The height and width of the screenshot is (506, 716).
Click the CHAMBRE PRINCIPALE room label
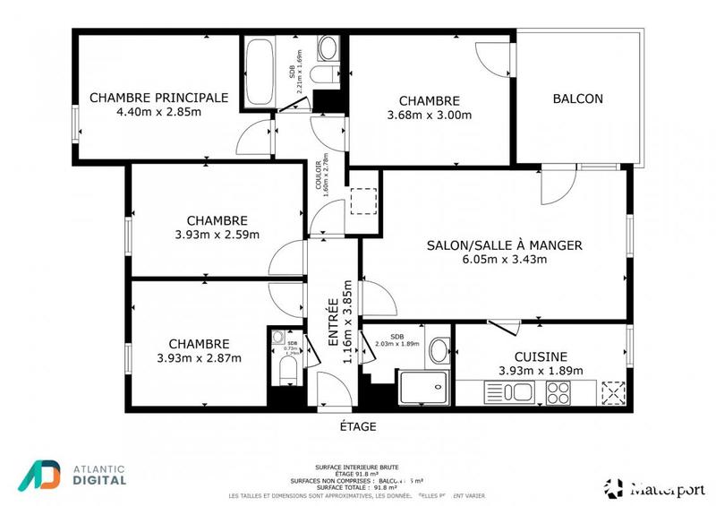click(158, 98)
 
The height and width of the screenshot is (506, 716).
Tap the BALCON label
click(577, 99)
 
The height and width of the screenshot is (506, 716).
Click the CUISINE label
click(541, 356)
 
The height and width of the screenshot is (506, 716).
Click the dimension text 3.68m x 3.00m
click(430, 115)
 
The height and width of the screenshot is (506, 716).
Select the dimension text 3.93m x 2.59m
click(217, 235)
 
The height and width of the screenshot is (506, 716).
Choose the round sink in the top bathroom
click(328, 47)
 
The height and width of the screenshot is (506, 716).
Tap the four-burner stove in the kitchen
click(558, 391)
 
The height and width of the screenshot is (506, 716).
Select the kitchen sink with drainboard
click(508, 391)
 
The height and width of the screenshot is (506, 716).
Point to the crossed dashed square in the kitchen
click(614, 393)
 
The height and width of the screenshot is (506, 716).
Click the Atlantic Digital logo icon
click(39, 476)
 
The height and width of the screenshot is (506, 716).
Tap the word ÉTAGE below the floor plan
click(358, 427)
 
